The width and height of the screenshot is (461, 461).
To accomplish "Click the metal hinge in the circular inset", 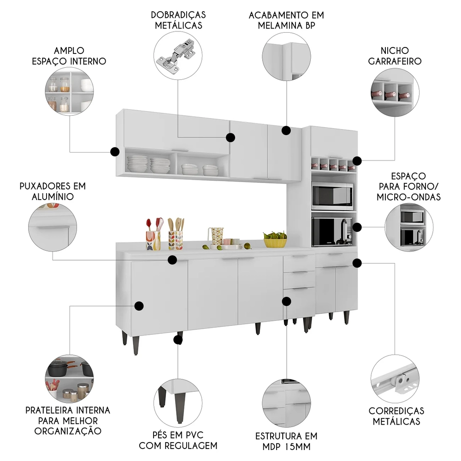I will coord(178,54).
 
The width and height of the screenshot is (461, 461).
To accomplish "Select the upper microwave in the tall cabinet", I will coord(332,195).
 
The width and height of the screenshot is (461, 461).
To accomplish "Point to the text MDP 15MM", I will coord(286,446).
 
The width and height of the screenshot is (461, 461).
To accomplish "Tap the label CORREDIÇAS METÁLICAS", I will coord(396,416).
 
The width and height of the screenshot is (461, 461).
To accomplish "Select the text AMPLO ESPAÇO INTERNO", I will coord(70,55).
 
